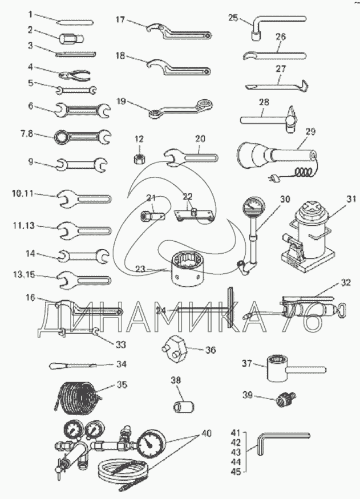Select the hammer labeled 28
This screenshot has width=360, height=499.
(268, 119)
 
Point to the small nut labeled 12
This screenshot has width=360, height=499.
(138, 156)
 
